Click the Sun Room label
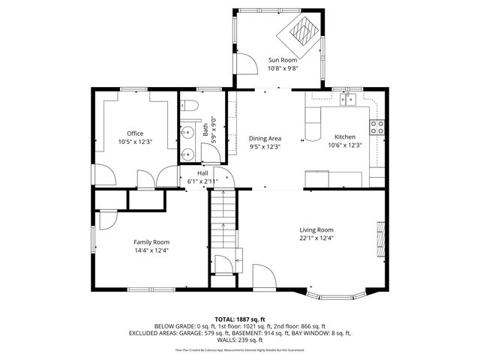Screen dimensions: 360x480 283,59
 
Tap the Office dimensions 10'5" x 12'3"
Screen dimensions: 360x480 135,142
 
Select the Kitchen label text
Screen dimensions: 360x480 344,137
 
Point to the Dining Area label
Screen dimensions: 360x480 265,139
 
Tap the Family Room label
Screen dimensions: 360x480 151,242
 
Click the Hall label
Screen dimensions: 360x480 202,173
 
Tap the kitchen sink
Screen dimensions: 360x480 346,99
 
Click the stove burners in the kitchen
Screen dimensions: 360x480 378,126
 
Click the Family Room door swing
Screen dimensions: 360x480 106,219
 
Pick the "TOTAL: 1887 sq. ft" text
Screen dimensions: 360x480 240,319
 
